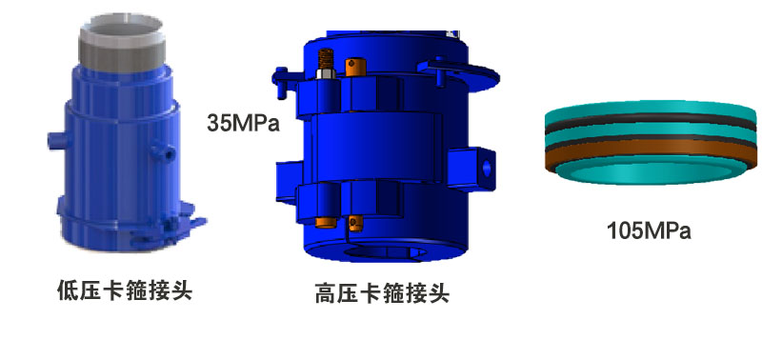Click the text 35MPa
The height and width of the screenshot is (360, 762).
click(244, 123)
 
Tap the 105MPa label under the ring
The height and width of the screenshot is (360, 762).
click(649, 230)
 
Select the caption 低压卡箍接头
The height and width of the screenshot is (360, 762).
click(125, 291)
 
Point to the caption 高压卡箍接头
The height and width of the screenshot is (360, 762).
click(382, 293)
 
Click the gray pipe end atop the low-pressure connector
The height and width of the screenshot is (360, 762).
click(122, 43)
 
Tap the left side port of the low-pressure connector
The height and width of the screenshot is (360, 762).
click(57, 141)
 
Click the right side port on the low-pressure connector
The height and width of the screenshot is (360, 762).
click(164, 151)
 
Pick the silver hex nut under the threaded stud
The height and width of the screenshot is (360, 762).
click(326, 74)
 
